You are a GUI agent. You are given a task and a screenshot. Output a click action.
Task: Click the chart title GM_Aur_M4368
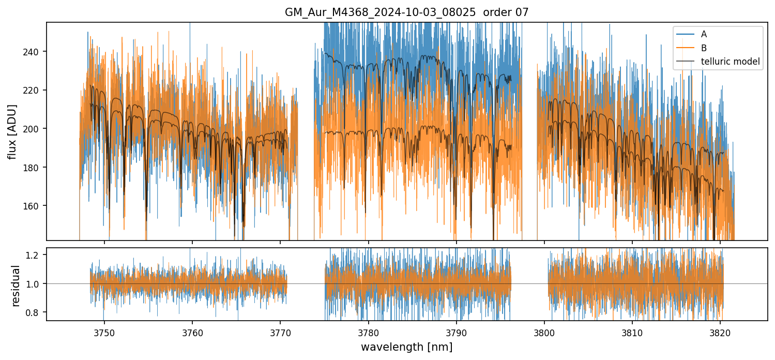coord(406,12)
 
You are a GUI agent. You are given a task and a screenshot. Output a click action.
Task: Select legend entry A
coord(704,34)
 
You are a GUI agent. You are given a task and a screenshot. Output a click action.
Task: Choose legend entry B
coord(704,48)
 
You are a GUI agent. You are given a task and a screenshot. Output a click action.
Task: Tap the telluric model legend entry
coord(730,62)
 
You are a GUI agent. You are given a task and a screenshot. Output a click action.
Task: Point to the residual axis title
coord(16,286)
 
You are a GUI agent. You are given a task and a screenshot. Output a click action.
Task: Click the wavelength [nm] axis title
coord(406,347)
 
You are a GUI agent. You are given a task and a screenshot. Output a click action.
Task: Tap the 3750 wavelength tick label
coord(104,331)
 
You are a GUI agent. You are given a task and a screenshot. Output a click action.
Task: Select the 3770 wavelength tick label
coord(280,331)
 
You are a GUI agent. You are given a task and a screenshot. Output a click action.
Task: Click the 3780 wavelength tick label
coord(368,331)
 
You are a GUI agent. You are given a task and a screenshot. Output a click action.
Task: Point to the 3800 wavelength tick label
coord(544,331)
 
